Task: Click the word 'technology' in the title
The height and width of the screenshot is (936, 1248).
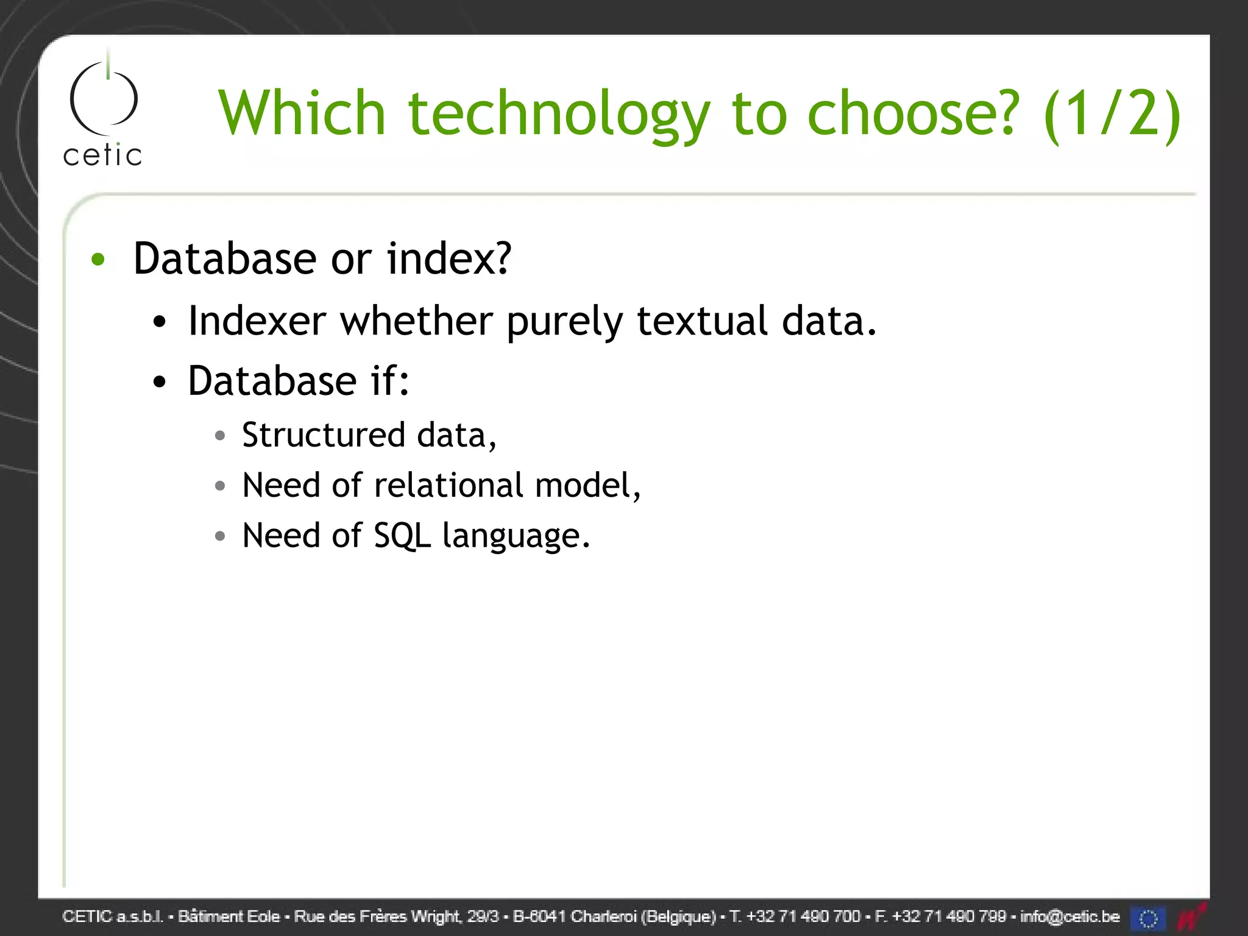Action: tap(559, 113)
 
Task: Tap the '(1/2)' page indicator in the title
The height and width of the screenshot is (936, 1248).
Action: tap(1111, 113)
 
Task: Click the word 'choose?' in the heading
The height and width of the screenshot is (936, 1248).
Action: tap(913, 113)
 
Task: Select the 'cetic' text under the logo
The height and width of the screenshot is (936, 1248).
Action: tap(102, 155)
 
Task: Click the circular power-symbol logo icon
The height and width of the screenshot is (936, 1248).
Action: tap(104, 97)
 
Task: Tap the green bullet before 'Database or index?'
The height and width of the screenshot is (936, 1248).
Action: tap(98, 260)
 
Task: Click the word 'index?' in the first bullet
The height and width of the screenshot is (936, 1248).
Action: tap(449, 258)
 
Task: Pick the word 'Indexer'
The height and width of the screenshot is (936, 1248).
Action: tap(257, 321)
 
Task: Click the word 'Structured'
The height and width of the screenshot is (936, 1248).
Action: tap(324, 435)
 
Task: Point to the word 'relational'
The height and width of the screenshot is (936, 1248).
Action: tap(448, 485)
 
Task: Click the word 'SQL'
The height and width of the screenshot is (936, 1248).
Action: tap(402, 536)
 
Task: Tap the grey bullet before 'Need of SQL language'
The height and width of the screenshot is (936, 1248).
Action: tap(220, 536)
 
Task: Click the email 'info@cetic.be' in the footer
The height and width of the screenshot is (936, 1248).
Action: tap(1069, 916)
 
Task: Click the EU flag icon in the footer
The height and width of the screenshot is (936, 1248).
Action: tap(1148, 918)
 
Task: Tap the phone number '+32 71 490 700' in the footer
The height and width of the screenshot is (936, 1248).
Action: tap(803, 916)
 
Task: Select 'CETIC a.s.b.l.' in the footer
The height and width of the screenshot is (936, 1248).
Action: tap(113, 916)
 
